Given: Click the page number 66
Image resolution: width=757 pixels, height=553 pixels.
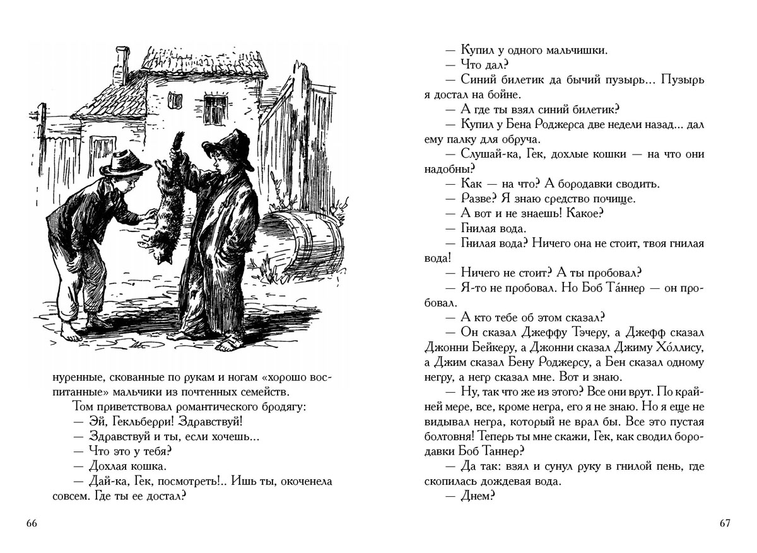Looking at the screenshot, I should [32, 523].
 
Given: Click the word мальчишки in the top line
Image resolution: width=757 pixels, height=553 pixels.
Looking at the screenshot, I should [573, 50].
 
